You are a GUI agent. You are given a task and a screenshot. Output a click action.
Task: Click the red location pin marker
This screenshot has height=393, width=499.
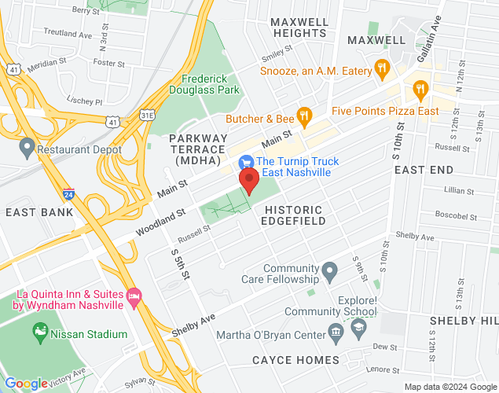249,180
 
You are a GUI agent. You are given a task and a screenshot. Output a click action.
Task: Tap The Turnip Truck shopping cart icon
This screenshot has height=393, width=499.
246,162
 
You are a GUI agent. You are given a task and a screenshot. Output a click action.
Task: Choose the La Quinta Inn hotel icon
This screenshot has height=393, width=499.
134,297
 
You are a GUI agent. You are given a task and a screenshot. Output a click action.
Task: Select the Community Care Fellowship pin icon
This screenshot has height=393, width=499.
330,273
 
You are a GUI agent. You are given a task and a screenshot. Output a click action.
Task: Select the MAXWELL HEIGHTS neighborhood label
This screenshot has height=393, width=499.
299,28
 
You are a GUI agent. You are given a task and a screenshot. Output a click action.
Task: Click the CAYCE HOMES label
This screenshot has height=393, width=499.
295,360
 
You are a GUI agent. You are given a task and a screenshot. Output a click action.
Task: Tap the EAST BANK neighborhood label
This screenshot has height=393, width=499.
39,212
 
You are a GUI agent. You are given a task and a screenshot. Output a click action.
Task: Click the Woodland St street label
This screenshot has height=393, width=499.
160,222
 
